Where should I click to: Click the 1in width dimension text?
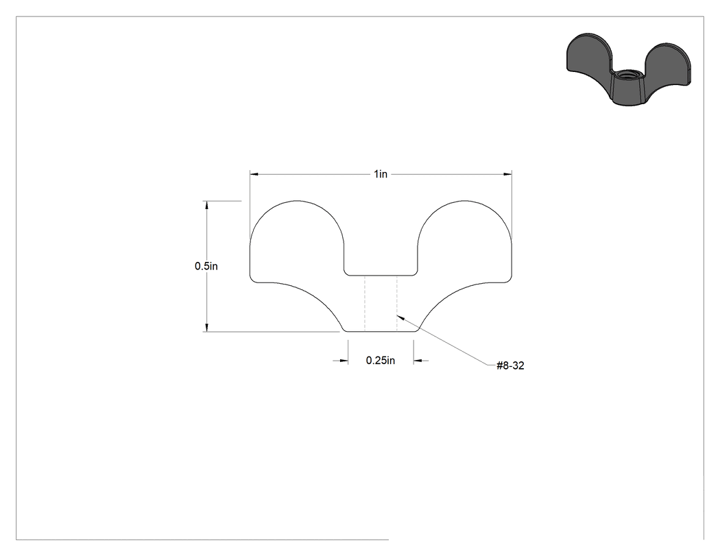click(x=380, y=174)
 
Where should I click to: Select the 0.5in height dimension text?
click(x=206, y=266)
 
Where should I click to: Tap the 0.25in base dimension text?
click(x=380, y=361)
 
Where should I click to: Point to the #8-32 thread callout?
click(x=510, y=365)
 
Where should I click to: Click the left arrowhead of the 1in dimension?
click(x=254, y=174)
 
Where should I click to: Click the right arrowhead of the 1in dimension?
click(x=507, y=174)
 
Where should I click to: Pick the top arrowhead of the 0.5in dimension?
click(x=206, y=205)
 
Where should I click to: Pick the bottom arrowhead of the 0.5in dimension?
click(x=206, y=327)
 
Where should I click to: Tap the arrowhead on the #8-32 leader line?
click(x=400, y=317)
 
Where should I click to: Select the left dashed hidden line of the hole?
click(x=365, y=304)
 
